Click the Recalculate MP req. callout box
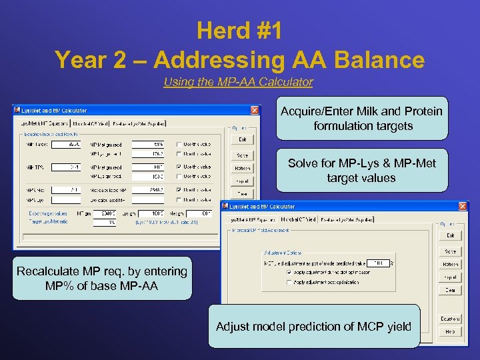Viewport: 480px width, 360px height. [x=101, y=278]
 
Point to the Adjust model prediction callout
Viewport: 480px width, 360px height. [x=314, y=326]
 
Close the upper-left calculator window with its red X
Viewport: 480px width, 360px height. [x=255, y=110]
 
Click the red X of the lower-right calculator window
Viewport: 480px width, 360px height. [x=462, y=207]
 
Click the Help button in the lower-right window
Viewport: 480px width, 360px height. [x=450, y=331]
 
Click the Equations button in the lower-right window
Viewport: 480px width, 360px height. [x=450, y=319]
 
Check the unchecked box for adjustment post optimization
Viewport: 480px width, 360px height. [x=289, y=282]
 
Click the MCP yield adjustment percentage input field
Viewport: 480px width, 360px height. [x=378, y=263]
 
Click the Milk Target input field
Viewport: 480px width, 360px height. [x=65, y=144]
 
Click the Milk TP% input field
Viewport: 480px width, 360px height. [x=65, y=167]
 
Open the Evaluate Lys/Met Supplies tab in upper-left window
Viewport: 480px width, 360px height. [x=138, y=123]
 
